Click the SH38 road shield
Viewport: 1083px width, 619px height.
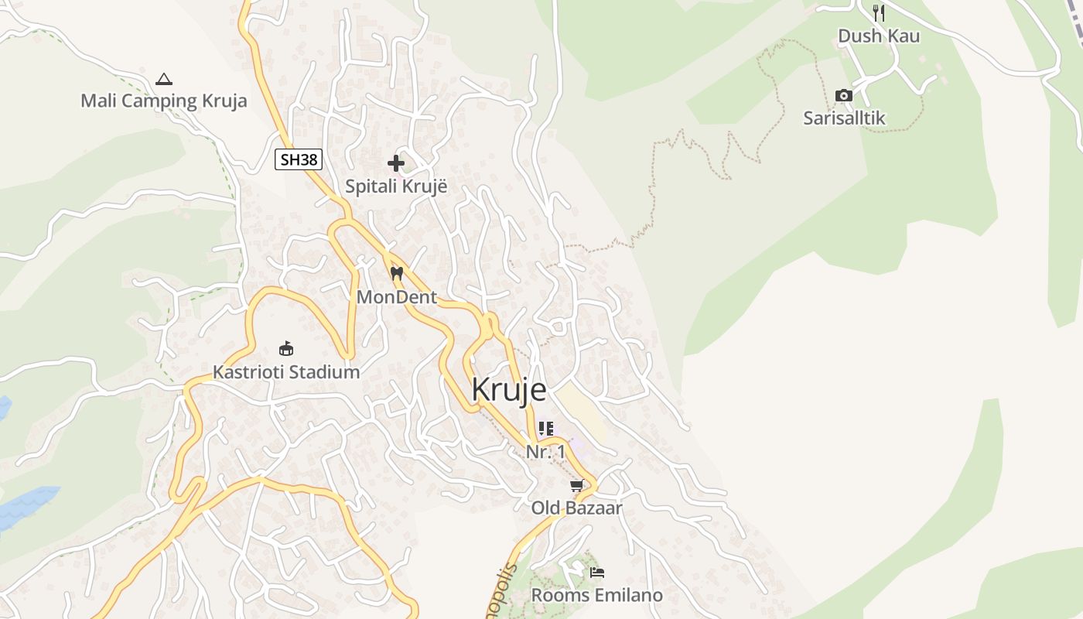click(x=298, y=159)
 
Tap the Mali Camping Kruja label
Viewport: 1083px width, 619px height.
click(x=164, y=101)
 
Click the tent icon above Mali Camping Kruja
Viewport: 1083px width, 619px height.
click(x=163, y=79)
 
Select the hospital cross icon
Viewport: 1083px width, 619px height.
click(x=396, y=163)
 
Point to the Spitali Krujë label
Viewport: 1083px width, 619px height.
click(x=396, y=186)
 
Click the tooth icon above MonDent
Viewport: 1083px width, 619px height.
click(x=397, y=273)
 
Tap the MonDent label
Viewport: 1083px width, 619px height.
click(x=397, y=297)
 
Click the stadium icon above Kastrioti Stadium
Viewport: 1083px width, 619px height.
click(x=286, y=349)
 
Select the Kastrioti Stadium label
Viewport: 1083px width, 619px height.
click(x=286, y=372)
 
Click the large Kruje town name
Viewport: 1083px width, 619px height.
click(x=508, y=389)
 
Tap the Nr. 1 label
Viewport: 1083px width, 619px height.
click(x=545, y=452)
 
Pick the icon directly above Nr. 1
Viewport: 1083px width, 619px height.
click(x=546, y=429)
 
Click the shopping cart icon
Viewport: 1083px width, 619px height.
click(x=576, y=486)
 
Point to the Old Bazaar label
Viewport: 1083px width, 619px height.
click(x=576, y=508)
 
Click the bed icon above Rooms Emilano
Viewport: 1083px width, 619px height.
click(x=596, y=573)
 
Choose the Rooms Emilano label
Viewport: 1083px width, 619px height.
click(x=596, y=596)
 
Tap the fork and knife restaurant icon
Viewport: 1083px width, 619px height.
click(x=878, y=13)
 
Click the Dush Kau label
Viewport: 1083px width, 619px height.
click(x=879, y=36)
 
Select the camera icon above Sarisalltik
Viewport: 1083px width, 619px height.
click(x=844, y=96)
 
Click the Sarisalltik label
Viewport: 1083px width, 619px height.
click(x=844, y=118)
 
